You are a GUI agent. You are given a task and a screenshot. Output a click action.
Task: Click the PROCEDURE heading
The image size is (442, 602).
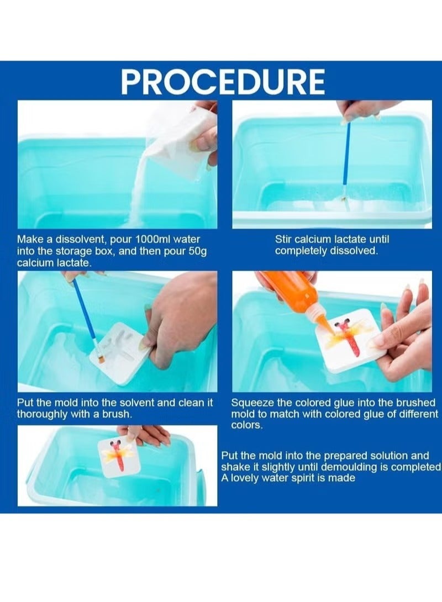(x=223, y=81)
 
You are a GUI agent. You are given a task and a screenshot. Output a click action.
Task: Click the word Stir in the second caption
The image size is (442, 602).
(x=283, y=240)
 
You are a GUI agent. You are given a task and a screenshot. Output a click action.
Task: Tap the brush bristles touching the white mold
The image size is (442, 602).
(x=101, y=358)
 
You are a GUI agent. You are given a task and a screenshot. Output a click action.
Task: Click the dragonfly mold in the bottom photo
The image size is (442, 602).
(x=118, y=457)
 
